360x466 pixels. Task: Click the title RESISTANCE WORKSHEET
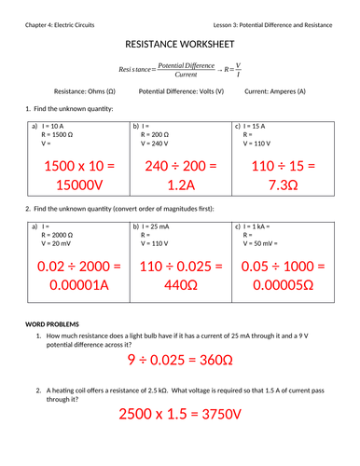coord(180,45)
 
